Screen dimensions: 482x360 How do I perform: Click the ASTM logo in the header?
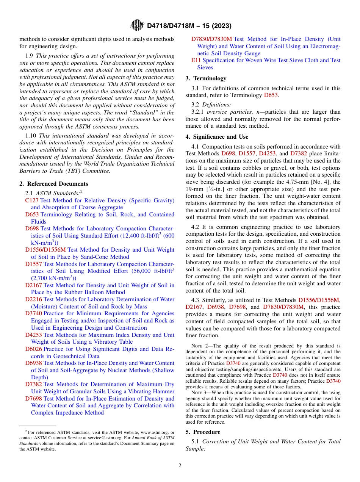pyautogui.click(x=137, y=25)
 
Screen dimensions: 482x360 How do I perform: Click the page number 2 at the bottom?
pyautogui.click(x=180, y=466)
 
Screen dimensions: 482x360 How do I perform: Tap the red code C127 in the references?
pyautogui.click(x=32, y=200)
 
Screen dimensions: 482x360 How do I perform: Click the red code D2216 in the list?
pyautogui.click(x=33, y=299)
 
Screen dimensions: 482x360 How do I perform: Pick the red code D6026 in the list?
pyautogui.click(x=33, y=349)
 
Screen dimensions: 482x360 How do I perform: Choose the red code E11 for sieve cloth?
pyautogui.click(x=196, y=60)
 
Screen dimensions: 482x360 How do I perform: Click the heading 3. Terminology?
pyautogui.click(x=206, y=78)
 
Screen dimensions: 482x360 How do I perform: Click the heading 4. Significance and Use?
pyautogui.click(x=217, y=137)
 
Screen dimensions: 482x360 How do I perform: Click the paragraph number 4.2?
pyautogui.click(x=195, y=227)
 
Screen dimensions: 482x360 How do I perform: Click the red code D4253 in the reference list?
pyautogui.click(x=33, y=335)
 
